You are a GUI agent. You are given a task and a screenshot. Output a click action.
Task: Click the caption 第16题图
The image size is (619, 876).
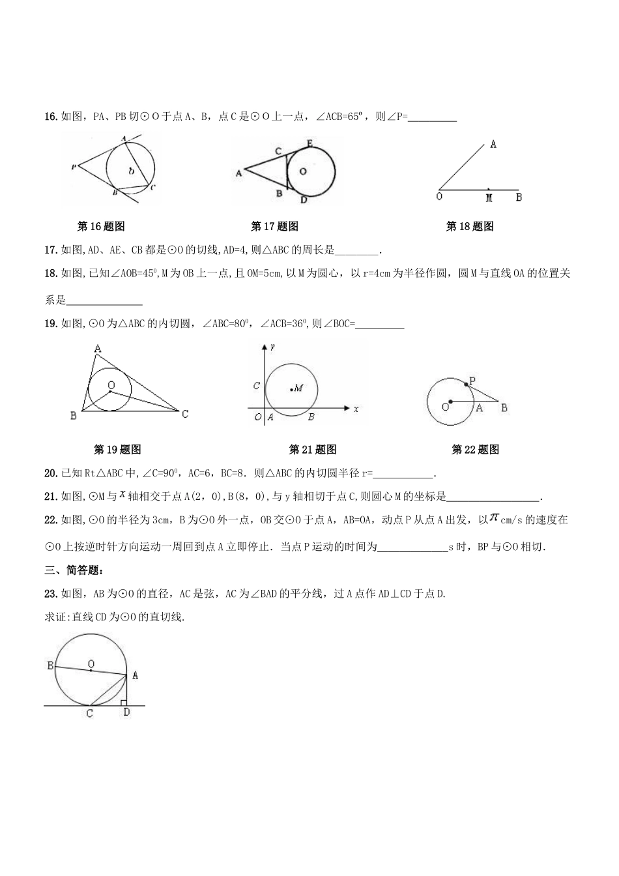pos(101,227)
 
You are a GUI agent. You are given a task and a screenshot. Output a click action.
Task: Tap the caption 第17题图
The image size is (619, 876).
pos(274,227)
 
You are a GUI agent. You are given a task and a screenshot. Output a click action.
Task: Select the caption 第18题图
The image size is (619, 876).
pos(470,227)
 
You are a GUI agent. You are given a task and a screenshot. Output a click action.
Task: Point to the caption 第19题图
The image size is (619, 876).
pos(117,450)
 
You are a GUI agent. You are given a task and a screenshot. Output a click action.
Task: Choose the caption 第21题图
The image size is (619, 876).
pos(313,450)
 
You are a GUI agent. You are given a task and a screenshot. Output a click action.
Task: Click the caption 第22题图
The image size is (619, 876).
pos(475,450)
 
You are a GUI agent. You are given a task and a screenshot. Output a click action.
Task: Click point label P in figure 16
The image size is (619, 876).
pos(74,168)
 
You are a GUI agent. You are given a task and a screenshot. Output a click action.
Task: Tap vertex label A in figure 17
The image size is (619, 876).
pos(238,173)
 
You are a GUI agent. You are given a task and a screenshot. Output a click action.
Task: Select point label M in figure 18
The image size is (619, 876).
pos(489,197)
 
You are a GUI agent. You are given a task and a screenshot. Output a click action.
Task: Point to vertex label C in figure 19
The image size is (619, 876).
pos(186,414)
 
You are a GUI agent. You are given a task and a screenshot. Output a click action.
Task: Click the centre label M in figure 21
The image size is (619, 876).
pos(298,388)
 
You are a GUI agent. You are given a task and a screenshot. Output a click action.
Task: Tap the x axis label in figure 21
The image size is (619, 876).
pos(356,409)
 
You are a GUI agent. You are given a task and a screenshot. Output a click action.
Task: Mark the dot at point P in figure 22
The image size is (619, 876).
pos(467,385)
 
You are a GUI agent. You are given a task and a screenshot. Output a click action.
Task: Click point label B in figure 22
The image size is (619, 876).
pos(504,408)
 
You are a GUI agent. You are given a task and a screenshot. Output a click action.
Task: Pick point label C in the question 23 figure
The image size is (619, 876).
pos(89,713)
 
